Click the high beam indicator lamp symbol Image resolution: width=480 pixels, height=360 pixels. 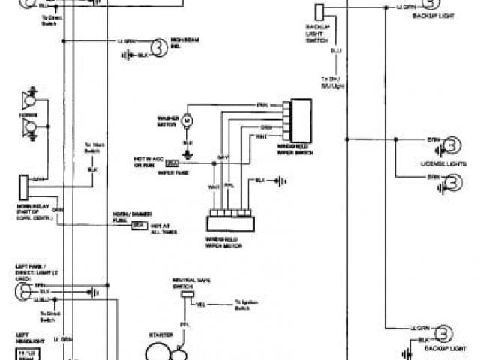coord(158,48)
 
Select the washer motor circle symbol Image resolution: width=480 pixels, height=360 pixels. coord(188,120)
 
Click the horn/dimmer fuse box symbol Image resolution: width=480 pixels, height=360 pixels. coord(139,225)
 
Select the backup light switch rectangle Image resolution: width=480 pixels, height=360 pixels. coord(319,13)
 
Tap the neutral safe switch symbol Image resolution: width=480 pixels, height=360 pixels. coord(183,296)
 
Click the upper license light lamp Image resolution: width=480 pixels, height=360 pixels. coord(452,145)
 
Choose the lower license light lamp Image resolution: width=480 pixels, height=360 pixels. coord(452,181)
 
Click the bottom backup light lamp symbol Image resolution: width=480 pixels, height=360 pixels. coord(445,334)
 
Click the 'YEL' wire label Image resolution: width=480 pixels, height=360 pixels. coord(201,304)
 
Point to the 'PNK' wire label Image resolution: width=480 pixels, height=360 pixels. coord(262,104)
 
